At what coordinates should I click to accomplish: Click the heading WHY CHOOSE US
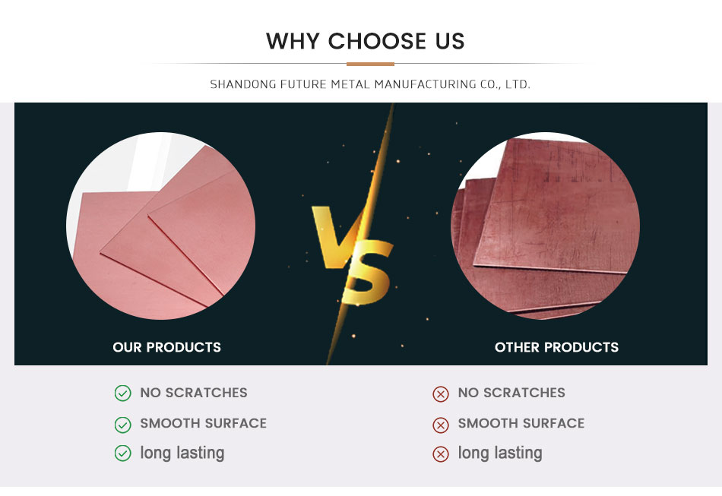[x=365, y=41]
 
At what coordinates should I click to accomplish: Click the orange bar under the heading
[x=370, y=64]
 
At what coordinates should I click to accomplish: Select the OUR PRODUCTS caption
[x=166, y=347]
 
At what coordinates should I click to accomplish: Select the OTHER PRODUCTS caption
[x=556, y=347]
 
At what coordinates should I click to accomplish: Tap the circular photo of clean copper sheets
[x=160, y=226]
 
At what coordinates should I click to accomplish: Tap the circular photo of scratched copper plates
[x=545, y=226]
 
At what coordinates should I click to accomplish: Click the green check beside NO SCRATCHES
[x=122, y=393]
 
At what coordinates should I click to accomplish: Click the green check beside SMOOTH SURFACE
[x=122, y=425]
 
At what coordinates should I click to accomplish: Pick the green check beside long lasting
[x=122, y=453]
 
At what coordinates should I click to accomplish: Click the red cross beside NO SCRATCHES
[x=441, y=394]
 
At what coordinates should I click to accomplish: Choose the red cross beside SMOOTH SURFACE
[x=441, y=425]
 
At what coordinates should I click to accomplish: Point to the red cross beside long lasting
[x=441, y=454]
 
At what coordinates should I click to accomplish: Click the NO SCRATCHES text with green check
[x=194, y=393]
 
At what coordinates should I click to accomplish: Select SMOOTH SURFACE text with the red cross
[x=521, y=423]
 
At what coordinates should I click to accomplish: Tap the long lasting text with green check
[x=182, y=453]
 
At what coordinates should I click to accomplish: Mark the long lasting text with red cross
[x=500, y=453]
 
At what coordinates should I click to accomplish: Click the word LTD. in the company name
[x=518, y=84]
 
